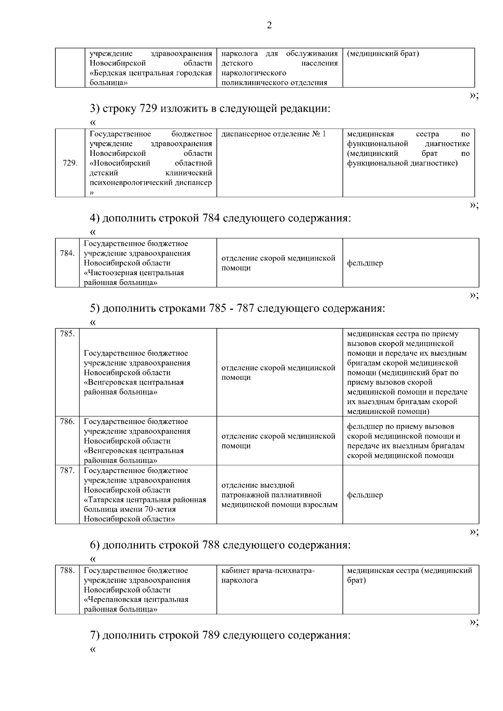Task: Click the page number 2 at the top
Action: (x=269, y=26)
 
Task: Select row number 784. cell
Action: (x=67, y=253)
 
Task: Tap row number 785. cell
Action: (x=67, y=334)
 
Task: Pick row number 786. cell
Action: (x=67, y=421)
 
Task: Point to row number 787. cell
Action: (x=67, y=471)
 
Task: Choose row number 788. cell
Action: (x=67, y=570)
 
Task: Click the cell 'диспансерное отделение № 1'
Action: (x=273, y=134)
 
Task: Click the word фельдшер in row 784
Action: (x=365, y=263)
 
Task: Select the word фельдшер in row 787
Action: (x=365, y=495)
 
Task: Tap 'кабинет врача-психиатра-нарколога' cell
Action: (x=268, y=575)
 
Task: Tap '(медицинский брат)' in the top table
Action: (x=383, y=54)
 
